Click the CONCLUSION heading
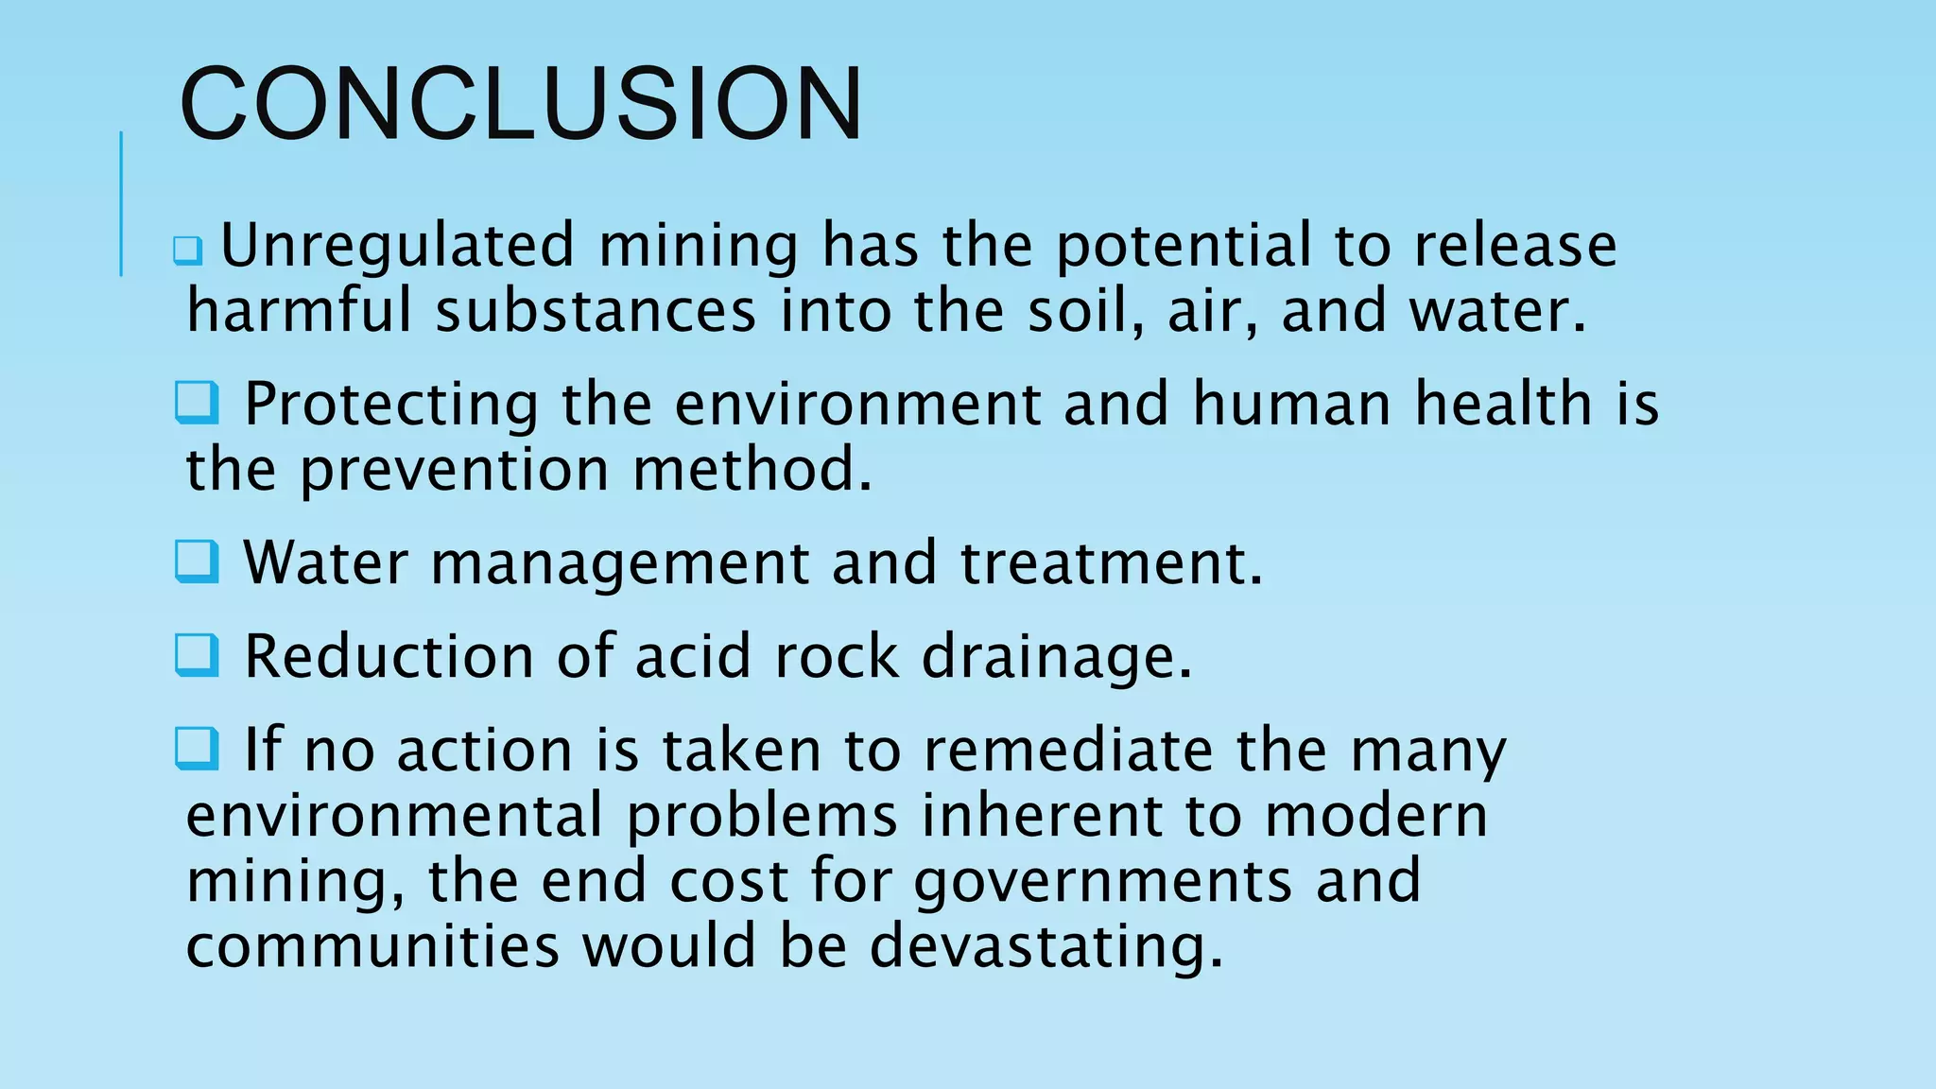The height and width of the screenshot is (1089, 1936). [521, 103]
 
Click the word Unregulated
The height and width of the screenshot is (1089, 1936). [397, 245]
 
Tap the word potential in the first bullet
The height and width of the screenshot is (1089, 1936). [1183, 246]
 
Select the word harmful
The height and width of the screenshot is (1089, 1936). [299, 311]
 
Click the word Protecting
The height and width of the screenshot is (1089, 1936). [391, 405]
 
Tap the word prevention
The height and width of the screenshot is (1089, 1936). [454, 470]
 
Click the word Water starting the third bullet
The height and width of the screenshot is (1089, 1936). [325, 562]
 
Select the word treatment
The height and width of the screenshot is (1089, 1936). [1111, 562]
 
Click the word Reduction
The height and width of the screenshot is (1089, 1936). [389, 656]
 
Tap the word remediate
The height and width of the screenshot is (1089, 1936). [1067, 751]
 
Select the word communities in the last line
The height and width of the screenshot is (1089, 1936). [372, 945]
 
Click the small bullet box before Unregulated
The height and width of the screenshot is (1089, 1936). [187, 251]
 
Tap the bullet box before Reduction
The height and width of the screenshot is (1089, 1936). [197, 655]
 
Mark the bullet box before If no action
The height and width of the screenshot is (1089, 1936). [197, 749]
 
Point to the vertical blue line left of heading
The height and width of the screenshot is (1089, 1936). [121, 203]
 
